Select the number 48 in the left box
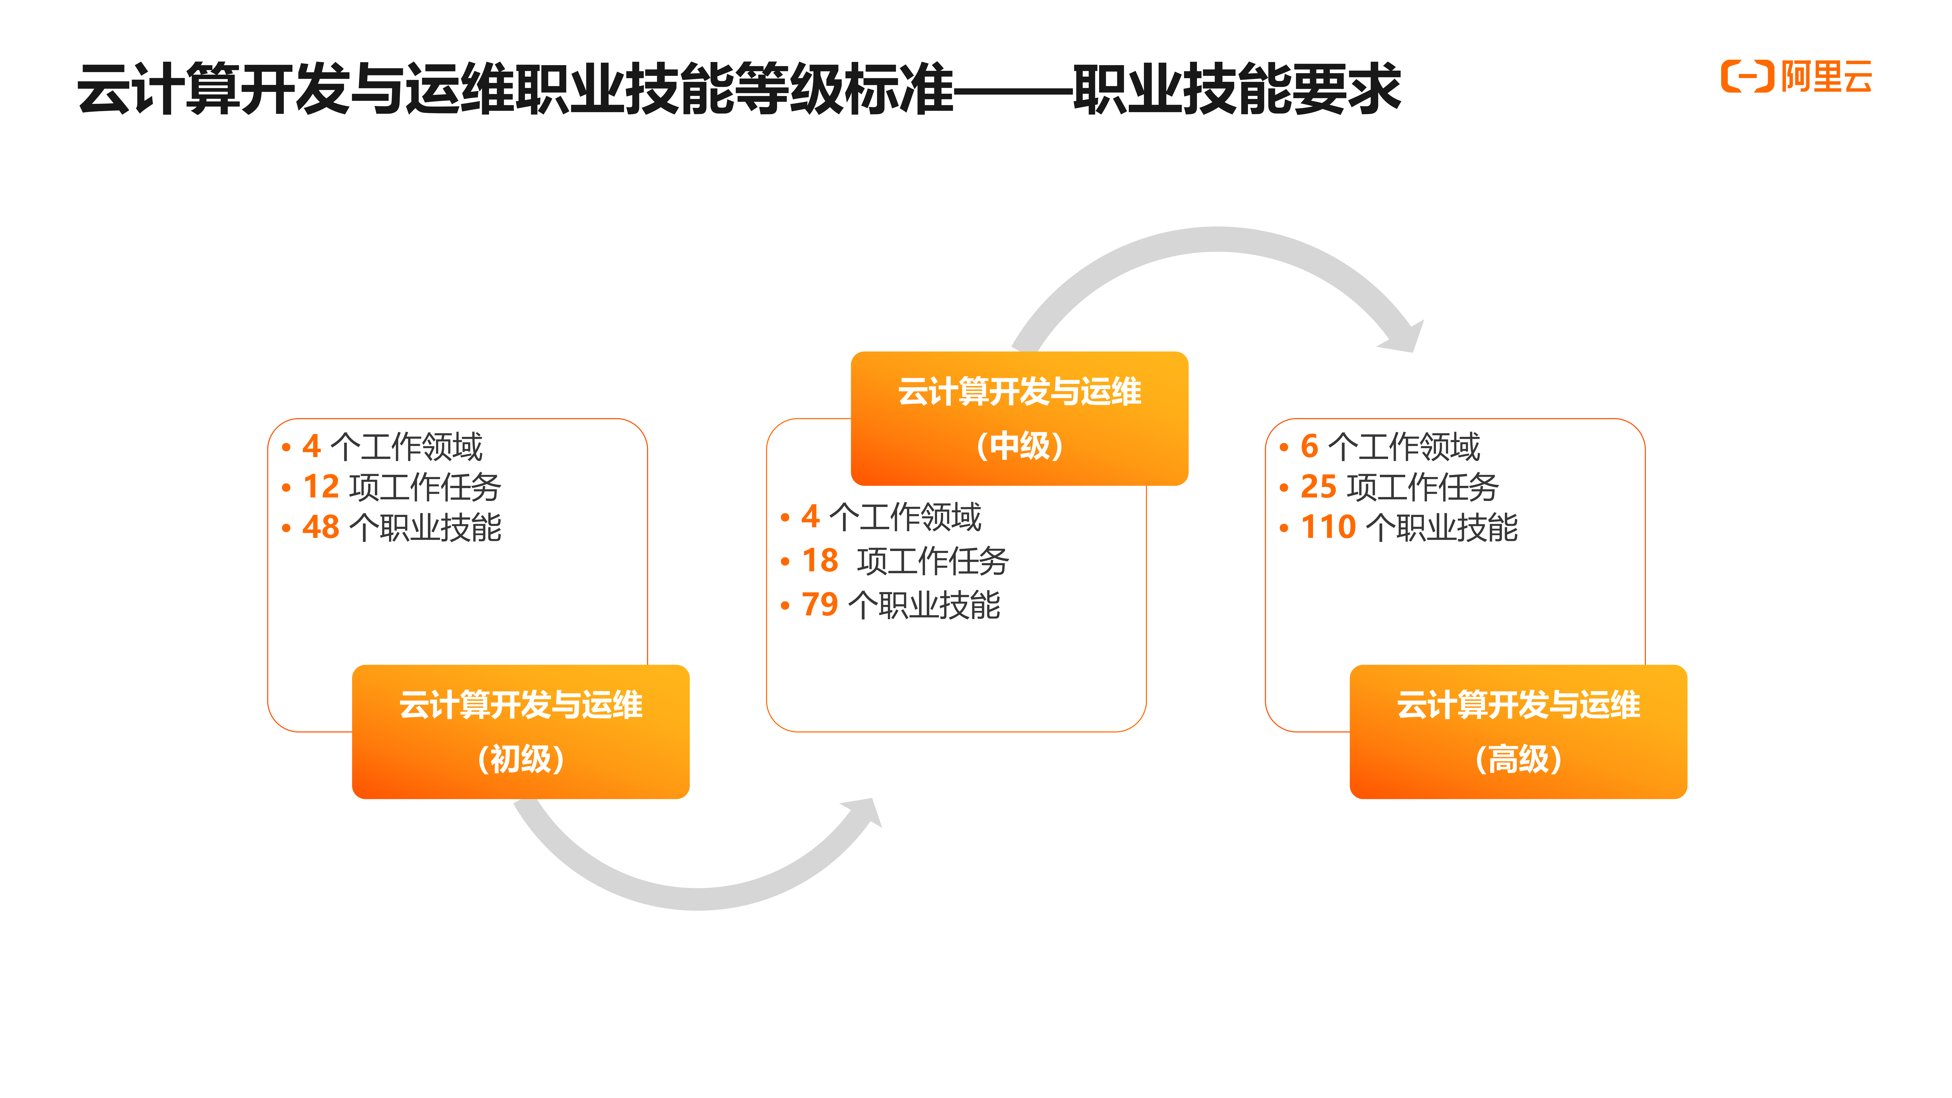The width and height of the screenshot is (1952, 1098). [320, 527]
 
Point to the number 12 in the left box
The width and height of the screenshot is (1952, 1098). [320, 486]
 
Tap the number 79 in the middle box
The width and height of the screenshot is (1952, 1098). [820, 605]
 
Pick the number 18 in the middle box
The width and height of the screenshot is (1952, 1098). [820, 561]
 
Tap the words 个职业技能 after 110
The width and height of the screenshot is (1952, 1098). [1442, 527]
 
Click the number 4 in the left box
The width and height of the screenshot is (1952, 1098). [311, 446]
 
